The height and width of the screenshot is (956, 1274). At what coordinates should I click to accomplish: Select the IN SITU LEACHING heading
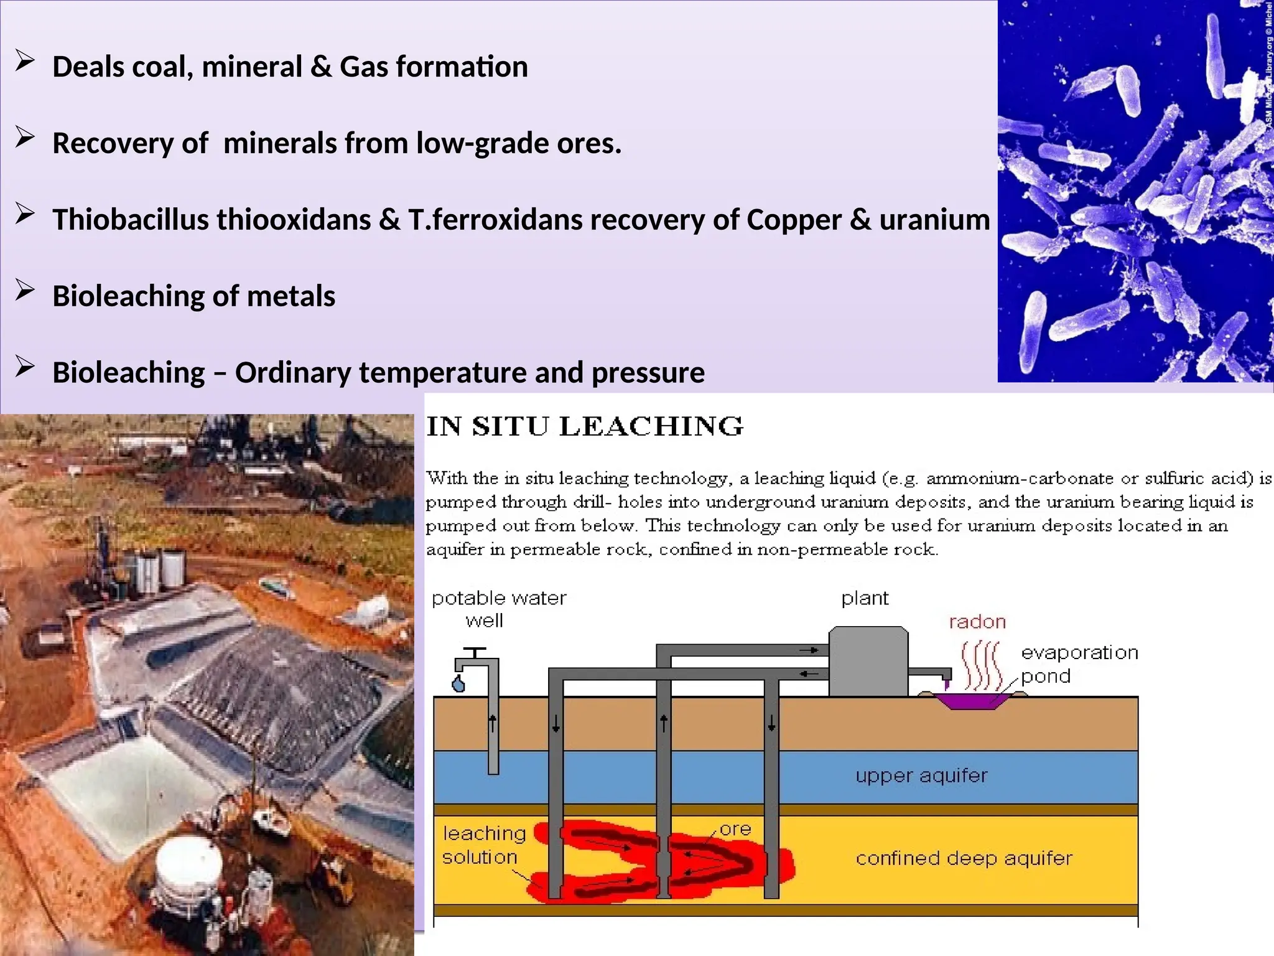(x=585, y=427)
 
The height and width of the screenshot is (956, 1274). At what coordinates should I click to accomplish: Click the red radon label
(x=977, y=622)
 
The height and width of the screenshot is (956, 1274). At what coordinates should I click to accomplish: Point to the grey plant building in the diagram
(x=868, y=661)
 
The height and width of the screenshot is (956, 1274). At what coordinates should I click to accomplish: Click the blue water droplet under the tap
(x=458, y=684)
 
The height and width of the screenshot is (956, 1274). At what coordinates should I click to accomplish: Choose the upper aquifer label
(x=921, y=776)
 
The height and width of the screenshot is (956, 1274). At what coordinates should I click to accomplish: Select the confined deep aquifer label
(x=964, y=858)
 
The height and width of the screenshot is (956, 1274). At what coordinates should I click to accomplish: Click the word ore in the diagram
(x=735, y=829)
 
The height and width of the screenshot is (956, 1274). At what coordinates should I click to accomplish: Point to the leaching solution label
(x=484, y=845)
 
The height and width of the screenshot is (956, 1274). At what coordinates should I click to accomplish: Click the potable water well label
(x=498, y=609)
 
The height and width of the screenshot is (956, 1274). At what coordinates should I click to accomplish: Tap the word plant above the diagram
(x=865, y=598)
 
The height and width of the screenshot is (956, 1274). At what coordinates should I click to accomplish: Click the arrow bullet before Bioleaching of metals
(x=25, y=291)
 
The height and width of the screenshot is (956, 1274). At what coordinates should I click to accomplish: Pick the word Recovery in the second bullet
(x=113, y=143)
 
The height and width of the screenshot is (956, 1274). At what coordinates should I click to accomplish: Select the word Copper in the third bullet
(x=794, y=220)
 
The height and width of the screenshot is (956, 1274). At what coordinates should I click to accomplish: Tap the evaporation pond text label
(x=1079, y=664)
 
